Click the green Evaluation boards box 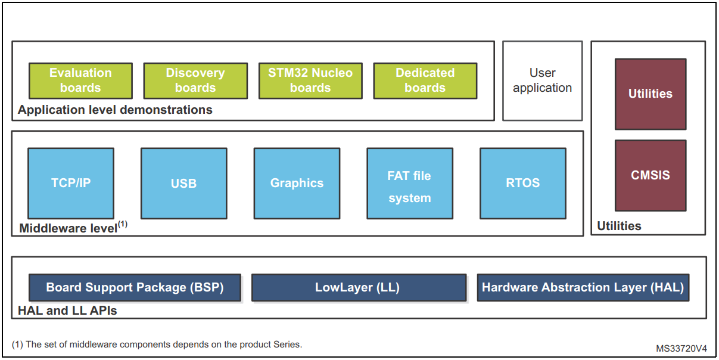click(x=80, y=80)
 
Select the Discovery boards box click(x=195, y=80)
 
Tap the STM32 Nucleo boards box click(x=310, y=80)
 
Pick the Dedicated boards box click(x=425, y=80)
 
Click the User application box click(x=542, y=80)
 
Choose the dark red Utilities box click(x=650, y=94)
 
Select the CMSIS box click(x=650, y=175)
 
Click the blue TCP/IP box click(x=71, y=183)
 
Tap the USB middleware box click(x=183, y=183)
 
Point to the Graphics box click(x=297, y=183)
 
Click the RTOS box click(x=523, y=183)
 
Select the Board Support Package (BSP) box click(x=135, y=287)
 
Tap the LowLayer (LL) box click(x=359, y=287)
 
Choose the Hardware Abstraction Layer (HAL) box click(x=583, y=287)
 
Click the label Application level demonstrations click(x=115, y=110)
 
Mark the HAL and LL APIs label click(x=67, y=311)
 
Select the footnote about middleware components click(x=157, y=345)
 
